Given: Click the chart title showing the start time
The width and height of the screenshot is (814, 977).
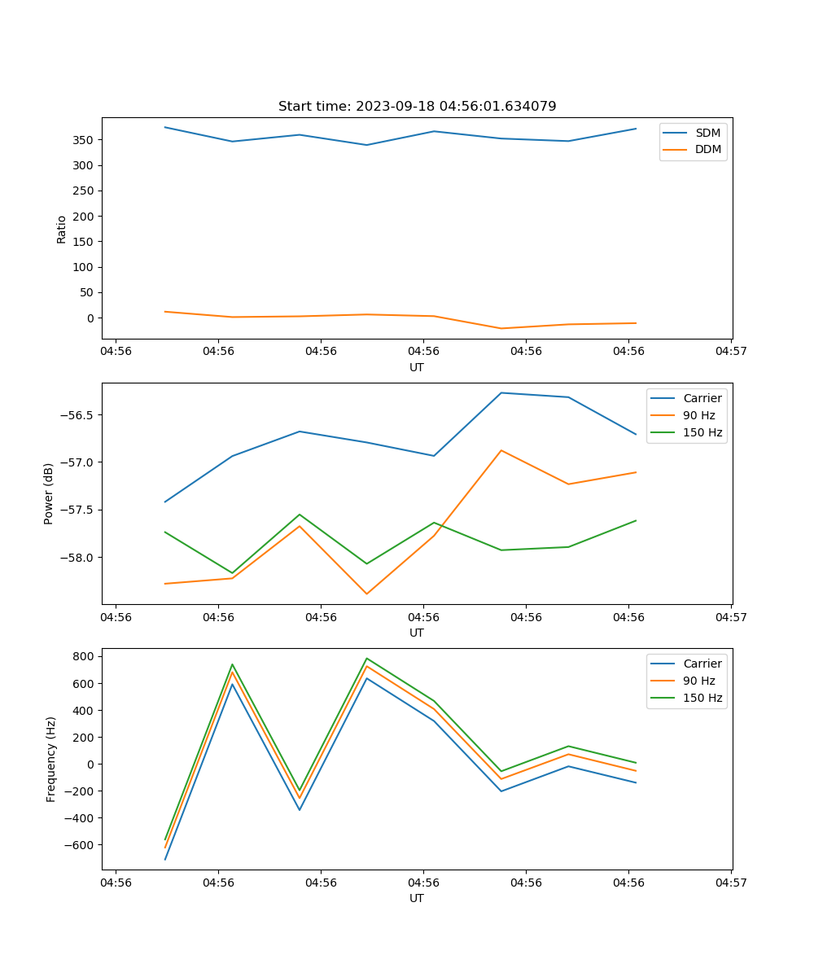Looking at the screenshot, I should [417, 107].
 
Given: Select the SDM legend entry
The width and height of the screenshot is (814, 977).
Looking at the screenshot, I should [707, 133].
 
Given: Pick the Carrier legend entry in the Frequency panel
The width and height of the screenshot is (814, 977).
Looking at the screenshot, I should [702, 664].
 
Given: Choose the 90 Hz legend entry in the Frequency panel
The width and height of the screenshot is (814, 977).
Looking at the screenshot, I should [698, 681].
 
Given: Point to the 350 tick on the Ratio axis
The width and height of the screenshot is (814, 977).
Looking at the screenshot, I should [84, 140].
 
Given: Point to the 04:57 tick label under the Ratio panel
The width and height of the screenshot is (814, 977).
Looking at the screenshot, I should [731, 352].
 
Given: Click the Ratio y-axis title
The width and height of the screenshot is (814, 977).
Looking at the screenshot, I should [62, 229].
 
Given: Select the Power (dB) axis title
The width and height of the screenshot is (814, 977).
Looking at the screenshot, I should [49, 493].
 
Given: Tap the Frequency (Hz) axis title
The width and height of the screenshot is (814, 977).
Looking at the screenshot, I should [51, 759].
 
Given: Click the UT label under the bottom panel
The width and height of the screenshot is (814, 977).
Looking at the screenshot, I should [417, 898].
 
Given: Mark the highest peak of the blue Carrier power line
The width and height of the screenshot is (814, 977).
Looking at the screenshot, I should [501, 393].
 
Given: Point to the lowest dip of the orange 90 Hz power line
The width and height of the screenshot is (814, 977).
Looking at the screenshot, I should [366, 594].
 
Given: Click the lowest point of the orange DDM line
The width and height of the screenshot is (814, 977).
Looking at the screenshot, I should [501, 328].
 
